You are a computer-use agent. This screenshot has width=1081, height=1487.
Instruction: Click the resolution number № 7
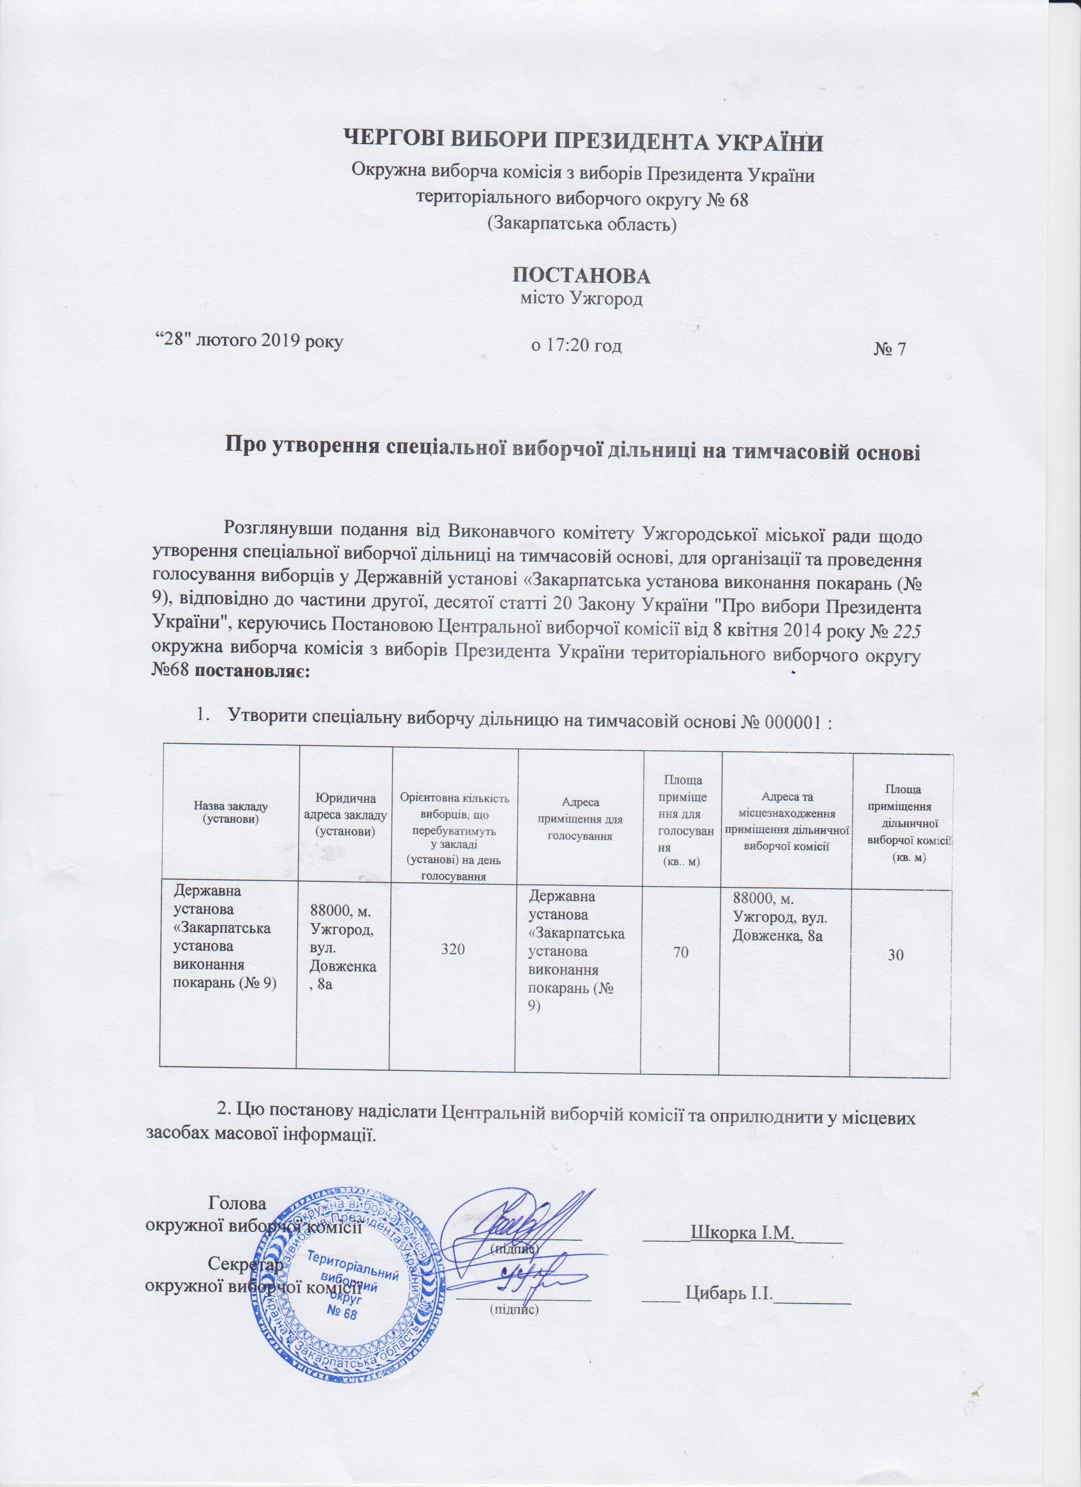[889, 349]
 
